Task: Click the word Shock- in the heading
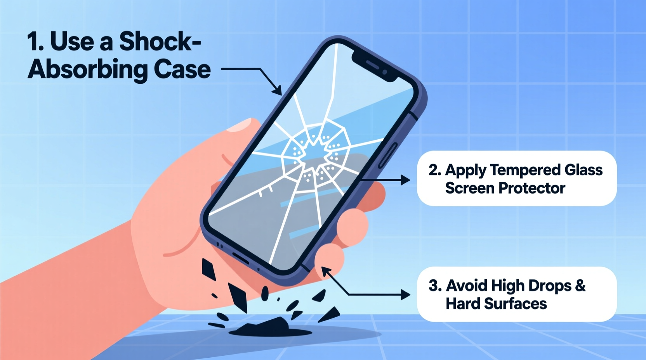click(160, 41)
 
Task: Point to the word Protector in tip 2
click(532, 188)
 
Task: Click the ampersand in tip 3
click(580, 286)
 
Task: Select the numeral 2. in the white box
click(435, 170)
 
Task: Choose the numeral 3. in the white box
click(435, 286)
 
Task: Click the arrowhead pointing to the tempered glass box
click(405, 180)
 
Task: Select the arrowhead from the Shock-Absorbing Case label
click(277, 90)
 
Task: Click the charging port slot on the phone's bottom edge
click(240, 258)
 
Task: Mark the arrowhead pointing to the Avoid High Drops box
click(405, 295)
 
